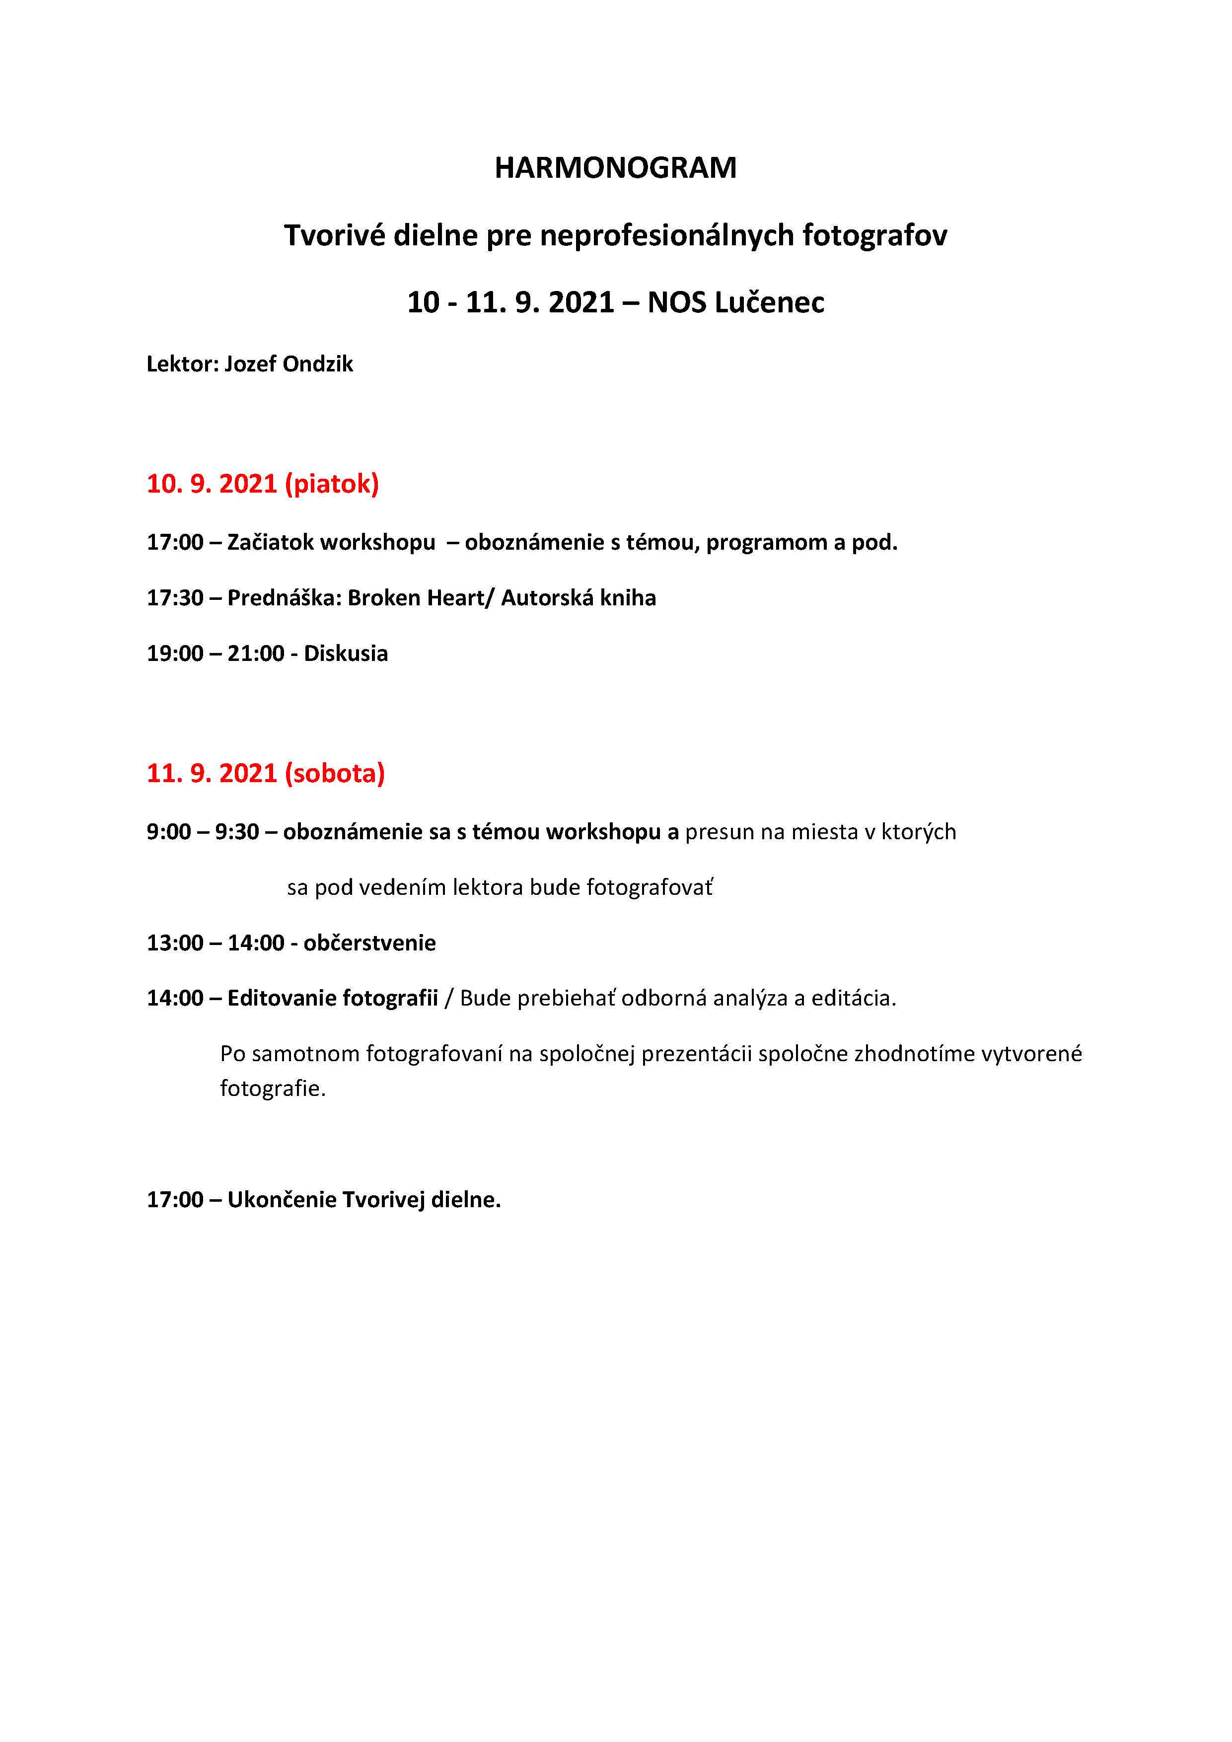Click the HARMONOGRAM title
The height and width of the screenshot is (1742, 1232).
tap(615, 168)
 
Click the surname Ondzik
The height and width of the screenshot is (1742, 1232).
tap(317, 364)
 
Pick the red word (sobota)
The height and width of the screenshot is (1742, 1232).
tap(335, 773)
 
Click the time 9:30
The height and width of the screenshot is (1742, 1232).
tap(237, 832)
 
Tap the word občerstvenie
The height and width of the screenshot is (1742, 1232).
tap(369, 943)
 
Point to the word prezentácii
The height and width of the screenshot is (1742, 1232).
tap(696, 1054)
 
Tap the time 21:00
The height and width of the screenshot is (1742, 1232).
tap(256, 653)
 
